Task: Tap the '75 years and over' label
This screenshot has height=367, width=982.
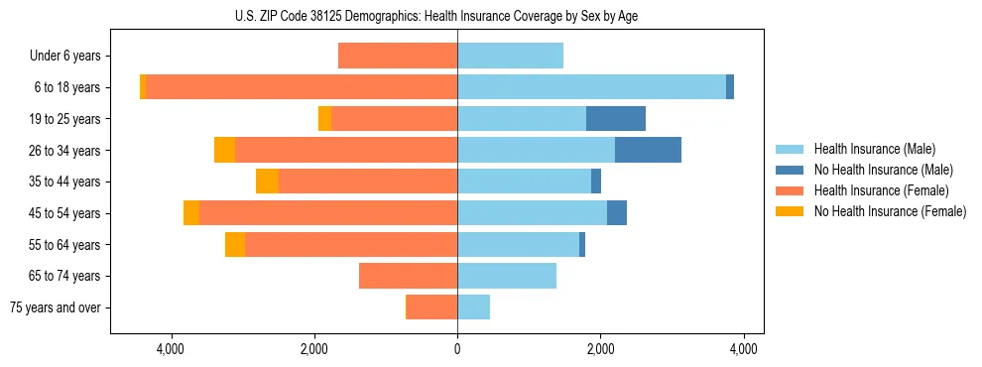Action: coord(55,307)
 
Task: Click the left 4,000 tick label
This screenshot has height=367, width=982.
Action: coord(171,350)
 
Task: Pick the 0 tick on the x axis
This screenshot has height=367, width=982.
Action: coord(457,350)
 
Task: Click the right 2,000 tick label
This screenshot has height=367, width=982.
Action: coord(600,350)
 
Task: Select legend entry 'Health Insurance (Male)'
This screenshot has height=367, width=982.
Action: coord(874,149)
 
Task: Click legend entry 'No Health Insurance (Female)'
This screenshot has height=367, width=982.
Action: coord(890,211)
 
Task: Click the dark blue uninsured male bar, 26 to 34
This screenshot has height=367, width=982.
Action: coord(648,150)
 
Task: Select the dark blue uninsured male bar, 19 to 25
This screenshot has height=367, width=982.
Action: coord(616,119)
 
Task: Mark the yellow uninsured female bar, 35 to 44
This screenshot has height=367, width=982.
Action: coord(268,182)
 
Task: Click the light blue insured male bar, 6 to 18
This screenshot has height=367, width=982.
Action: coord(591,87)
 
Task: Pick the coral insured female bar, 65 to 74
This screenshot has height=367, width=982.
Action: coord(408,276)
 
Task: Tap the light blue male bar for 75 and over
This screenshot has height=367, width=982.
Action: coord(473,307)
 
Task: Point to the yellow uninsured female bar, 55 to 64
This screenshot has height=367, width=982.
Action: coord(235,245)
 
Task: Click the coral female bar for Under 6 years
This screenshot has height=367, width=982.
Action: coord(398,57)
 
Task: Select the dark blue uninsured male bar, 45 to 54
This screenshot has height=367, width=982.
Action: coord(617,213)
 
